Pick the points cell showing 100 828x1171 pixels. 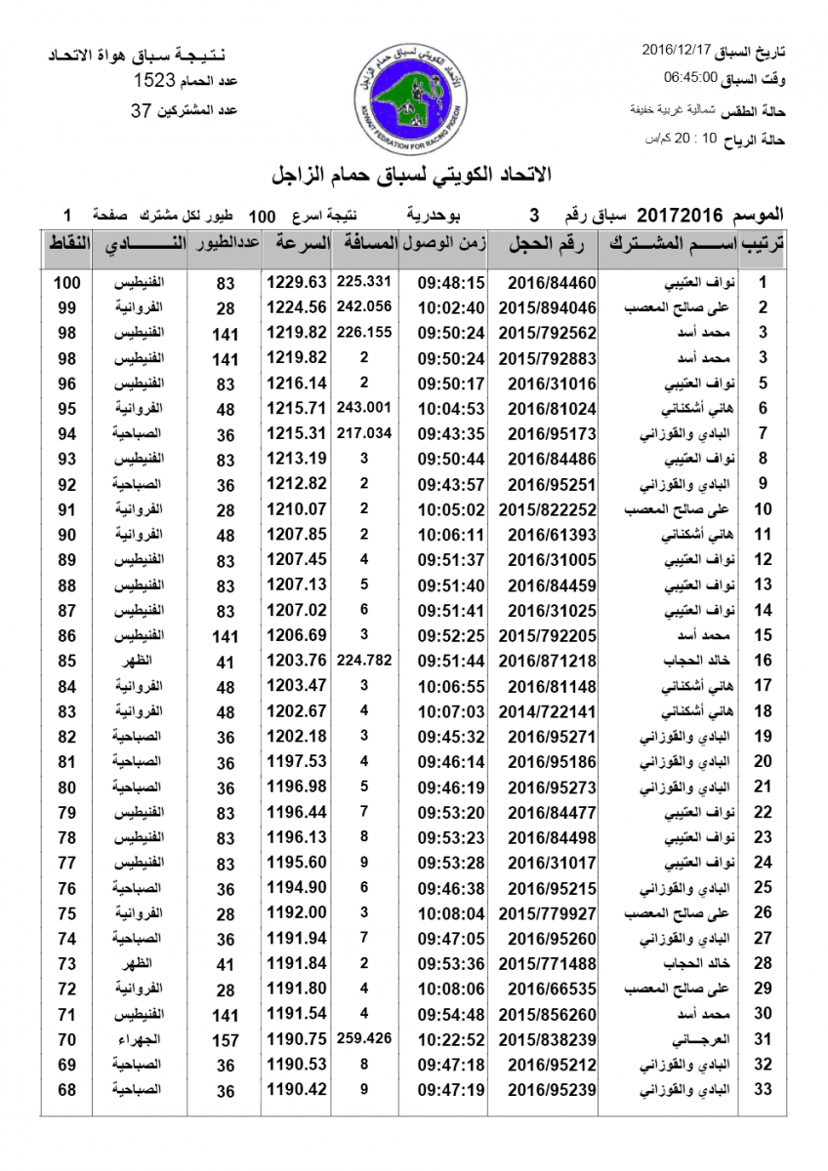(x=66, y=283)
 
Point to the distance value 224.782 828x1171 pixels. (x=363, y=659)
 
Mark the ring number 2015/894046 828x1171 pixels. (x=547, y=307)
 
